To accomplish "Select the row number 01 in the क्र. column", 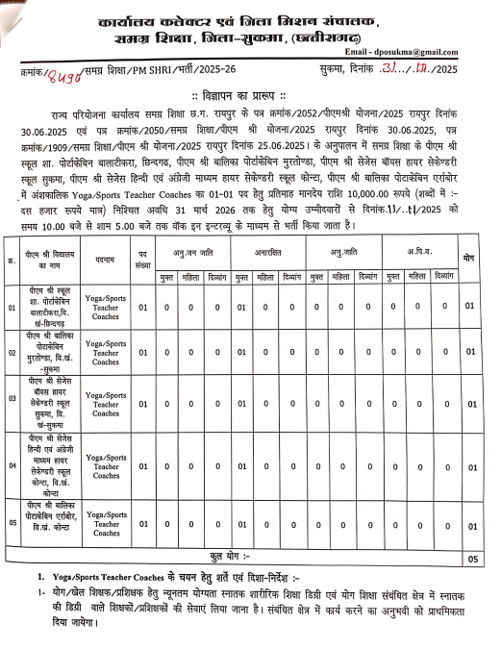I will tap(13, 308).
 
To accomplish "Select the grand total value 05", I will tap(471, 557).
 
